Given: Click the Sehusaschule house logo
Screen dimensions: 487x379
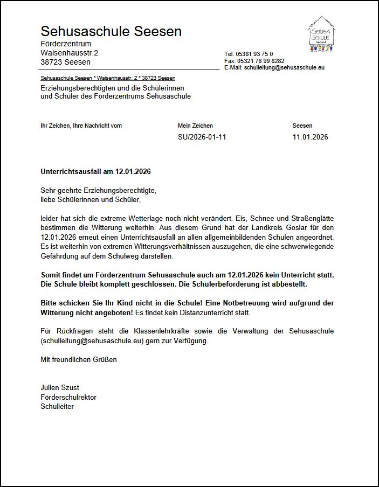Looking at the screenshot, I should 322,34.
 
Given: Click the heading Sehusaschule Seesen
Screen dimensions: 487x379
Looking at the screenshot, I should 111,31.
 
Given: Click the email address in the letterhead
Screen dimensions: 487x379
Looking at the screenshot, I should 284,68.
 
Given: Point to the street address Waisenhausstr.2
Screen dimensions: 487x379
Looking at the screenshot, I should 70,53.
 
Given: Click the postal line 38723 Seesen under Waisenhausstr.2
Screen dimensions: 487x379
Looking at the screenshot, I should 65,62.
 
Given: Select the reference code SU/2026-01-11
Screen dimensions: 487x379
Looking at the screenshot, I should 202,137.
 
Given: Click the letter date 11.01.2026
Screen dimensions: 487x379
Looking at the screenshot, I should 310,137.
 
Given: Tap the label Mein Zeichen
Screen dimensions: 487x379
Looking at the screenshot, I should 195,126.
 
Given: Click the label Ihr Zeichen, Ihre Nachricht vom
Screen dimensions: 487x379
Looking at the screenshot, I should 81,126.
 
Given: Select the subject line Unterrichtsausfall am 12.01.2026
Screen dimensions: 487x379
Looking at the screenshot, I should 95,171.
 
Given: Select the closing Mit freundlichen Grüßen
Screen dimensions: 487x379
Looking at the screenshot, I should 79,359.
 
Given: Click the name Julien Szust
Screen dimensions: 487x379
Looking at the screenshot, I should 60,387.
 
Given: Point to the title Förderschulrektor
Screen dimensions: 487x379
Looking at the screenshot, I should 68,397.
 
